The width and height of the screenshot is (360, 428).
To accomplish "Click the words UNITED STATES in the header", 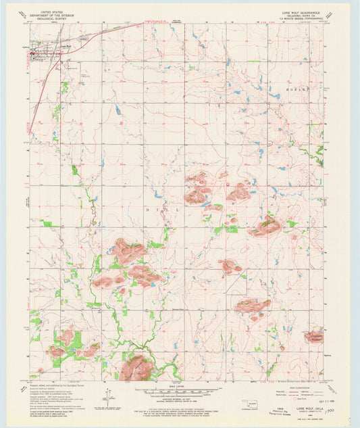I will tap(54, 11).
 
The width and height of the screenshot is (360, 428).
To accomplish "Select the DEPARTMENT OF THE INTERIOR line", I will tap(54, 15).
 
